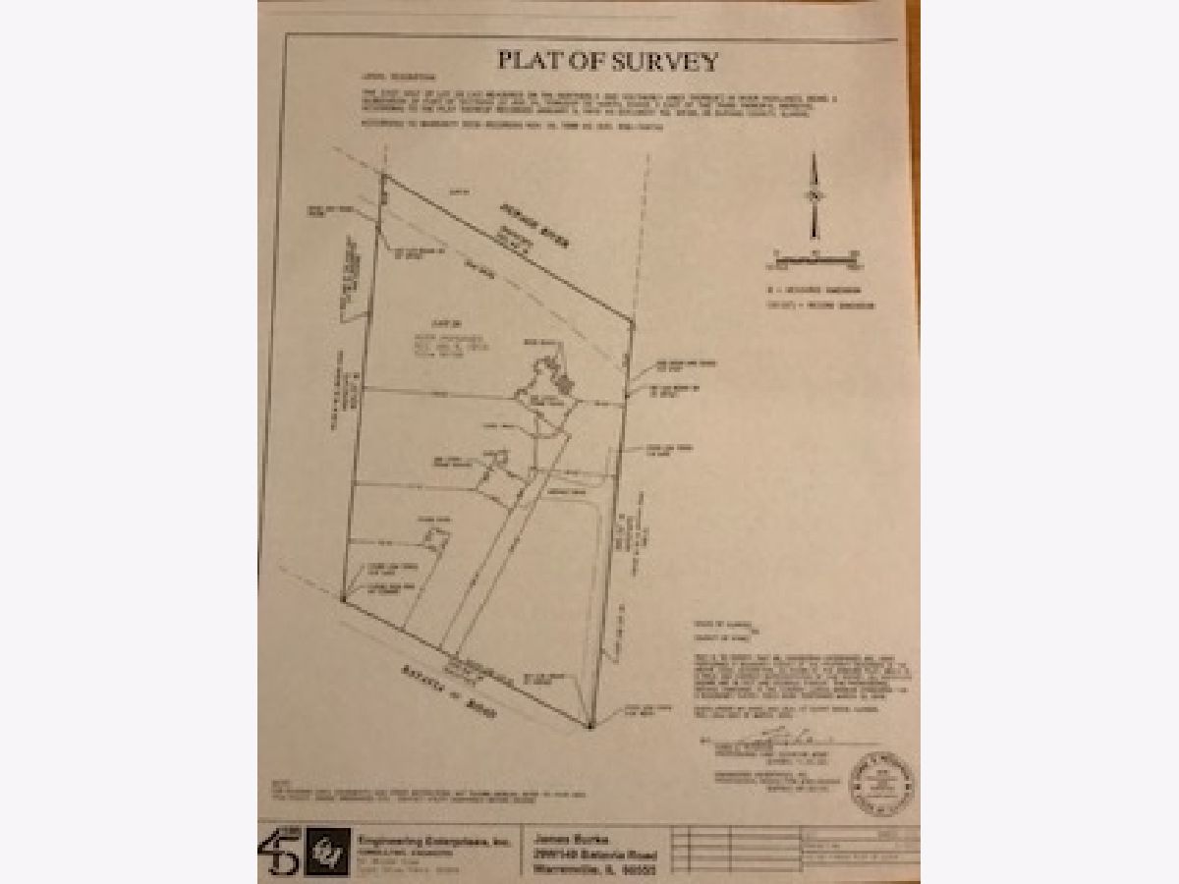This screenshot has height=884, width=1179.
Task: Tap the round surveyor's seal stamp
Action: click(881, 783)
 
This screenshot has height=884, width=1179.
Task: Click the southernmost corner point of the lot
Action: click(589, 727)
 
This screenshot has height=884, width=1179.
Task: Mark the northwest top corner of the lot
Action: click(382, 177)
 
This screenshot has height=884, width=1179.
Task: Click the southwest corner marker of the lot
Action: click(342, 597)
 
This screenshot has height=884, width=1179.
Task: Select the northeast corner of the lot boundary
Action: click(631, 319)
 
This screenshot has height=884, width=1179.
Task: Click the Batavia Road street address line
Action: click(589, 853)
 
